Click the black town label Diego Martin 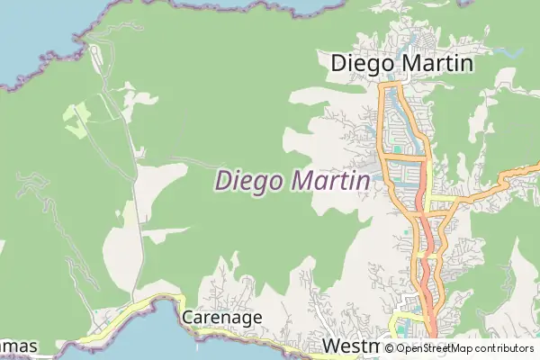401,62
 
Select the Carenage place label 221,317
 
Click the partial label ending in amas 18,346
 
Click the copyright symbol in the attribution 389,348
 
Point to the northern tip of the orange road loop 393,85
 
